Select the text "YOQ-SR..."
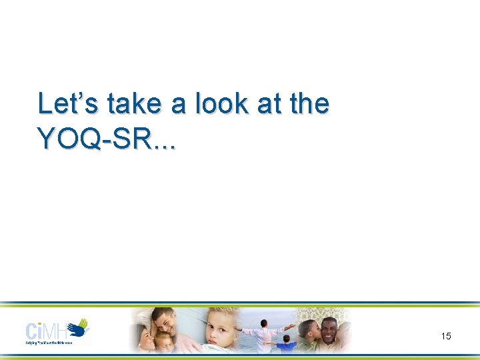(x=107, y=138)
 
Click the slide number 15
(x=446, y=336)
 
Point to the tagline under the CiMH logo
(x=57, y=343)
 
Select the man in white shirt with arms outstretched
(x=264, y=333)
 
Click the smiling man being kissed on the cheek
(x=329, y=331)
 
